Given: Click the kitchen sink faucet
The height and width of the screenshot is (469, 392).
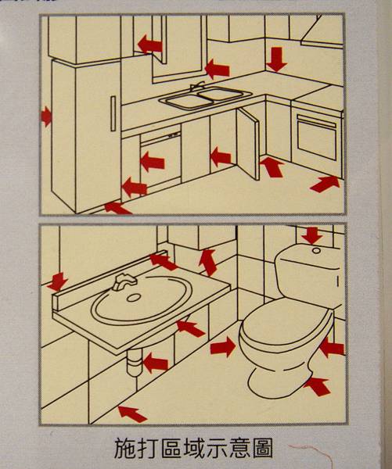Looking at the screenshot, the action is click(x=198, y=86).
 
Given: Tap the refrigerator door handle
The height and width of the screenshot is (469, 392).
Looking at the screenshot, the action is click(x=113, y=113).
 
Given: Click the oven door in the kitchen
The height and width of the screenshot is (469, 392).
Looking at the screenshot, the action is click(x=317, y=137).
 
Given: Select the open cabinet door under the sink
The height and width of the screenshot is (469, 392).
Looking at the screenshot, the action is click(x=248, y=144).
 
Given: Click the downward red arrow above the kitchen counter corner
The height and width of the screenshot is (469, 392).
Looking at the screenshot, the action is click(x=276, y=59).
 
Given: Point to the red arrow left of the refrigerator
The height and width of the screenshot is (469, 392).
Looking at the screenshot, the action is click(x=46, y=116).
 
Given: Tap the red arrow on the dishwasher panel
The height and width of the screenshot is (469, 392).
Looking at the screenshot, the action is click(x=153, y=162).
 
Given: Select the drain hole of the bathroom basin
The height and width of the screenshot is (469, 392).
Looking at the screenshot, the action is click(x=134, y=297).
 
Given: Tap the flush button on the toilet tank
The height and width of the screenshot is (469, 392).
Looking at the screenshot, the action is click(x=316, y=250).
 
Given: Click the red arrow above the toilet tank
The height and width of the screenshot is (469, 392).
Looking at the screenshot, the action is click(x=312, y=235).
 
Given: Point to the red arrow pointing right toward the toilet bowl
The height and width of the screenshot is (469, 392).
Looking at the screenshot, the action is click(x=223, y=347).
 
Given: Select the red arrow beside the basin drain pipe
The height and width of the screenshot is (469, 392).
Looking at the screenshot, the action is click(x=156, y=363).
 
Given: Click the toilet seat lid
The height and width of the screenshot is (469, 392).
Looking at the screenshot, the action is click(x=286, y=324).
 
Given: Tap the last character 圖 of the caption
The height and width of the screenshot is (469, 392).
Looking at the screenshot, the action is click(x=263, y=449).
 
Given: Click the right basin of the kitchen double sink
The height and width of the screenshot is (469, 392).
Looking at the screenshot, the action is click(x=221, y=94).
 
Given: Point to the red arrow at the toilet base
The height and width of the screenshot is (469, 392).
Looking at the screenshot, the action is click(x=317, y=386).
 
